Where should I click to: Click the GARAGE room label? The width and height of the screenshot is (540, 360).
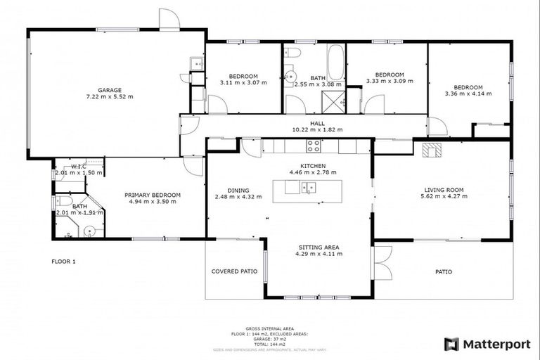click(110, 90)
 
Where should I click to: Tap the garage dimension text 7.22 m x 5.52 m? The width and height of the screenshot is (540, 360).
click(110, 97)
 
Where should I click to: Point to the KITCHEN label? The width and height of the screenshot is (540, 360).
click(313, 165)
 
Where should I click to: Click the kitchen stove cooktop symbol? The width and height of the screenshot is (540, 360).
click(313, 146)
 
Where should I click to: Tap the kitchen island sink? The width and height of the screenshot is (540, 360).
click(309, 188)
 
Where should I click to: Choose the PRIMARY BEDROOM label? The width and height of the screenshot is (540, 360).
click(153, 195)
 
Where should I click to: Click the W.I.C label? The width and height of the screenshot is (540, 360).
click(77, 166)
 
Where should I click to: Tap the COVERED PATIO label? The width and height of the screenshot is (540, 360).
click(234, 271)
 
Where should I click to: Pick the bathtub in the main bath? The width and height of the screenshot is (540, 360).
click(335, 61)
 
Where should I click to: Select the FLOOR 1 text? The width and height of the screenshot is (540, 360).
click(63, 261)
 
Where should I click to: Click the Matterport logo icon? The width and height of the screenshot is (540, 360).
click(451, 344)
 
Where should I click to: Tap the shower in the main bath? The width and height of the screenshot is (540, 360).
click(335, 102)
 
